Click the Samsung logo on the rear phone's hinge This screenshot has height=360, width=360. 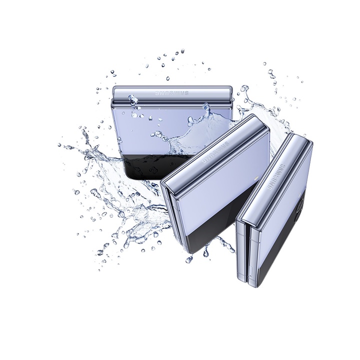(x=172, y=93)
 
